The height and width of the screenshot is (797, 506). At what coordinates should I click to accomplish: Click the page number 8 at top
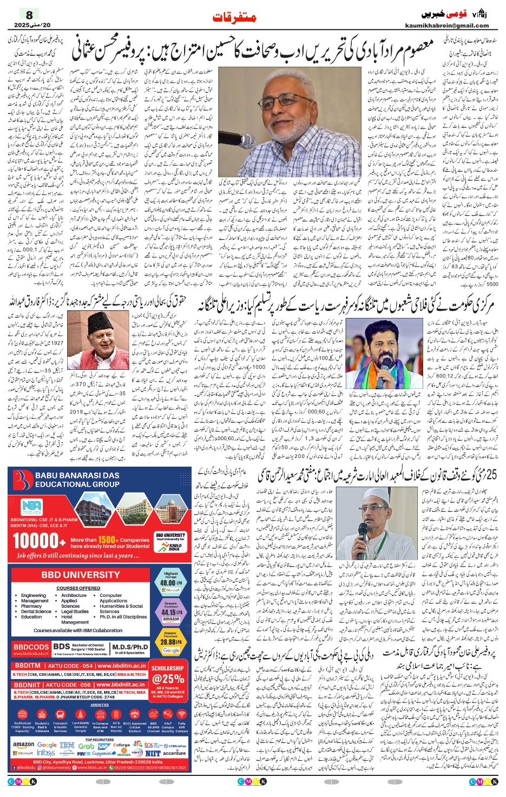[29, 15]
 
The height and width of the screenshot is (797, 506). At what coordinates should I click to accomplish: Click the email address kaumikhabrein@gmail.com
[446, 25]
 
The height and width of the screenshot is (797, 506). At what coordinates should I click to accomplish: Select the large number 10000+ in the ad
[38, 541]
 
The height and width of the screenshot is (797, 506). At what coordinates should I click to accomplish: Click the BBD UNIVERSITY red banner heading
[81, 575]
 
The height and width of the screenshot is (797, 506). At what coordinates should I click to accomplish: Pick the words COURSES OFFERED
[78, 588]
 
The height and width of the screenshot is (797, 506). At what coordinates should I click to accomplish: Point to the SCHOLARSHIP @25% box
[168, 676]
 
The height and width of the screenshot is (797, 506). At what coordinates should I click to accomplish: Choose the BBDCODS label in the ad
[31, 647]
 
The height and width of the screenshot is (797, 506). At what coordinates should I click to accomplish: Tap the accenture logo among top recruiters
[174, 753]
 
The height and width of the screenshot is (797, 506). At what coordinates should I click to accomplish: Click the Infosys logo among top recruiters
[46, 753]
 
